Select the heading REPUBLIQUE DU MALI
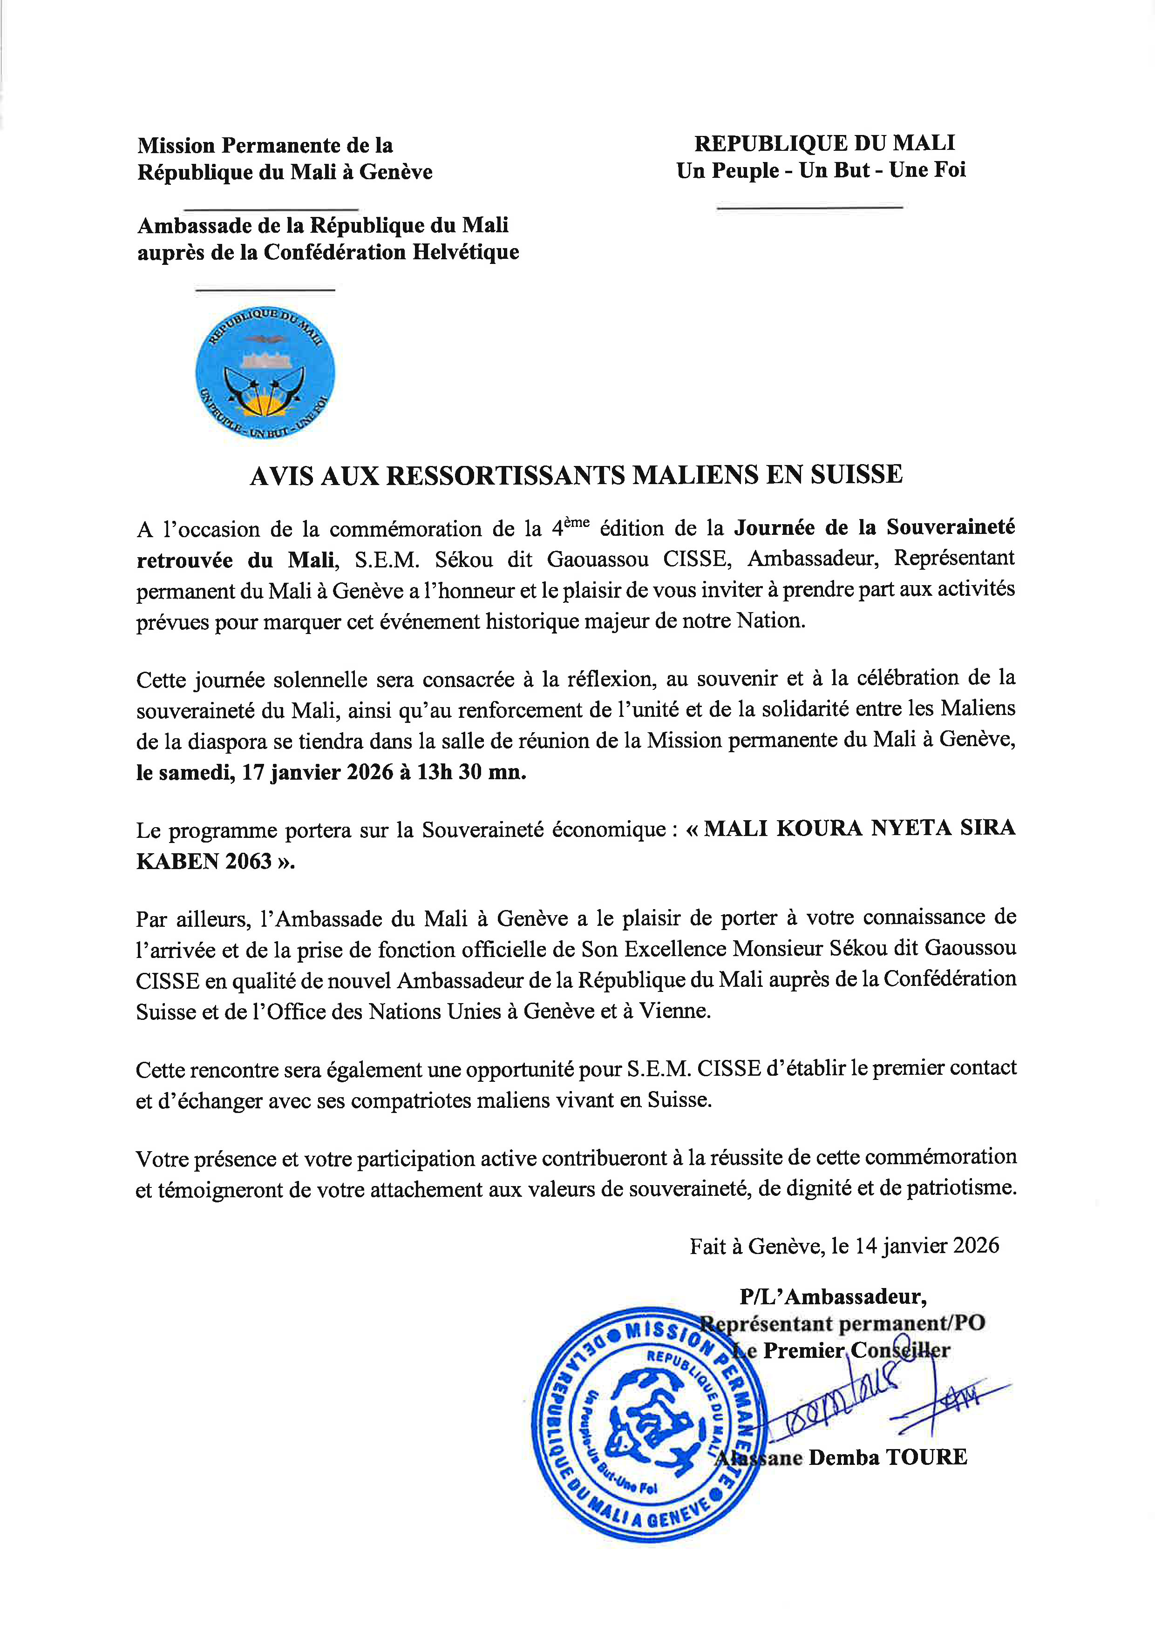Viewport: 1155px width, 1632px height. point(824,143)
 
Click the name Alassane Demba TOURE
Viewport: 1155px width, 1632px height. point(841,1457)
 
